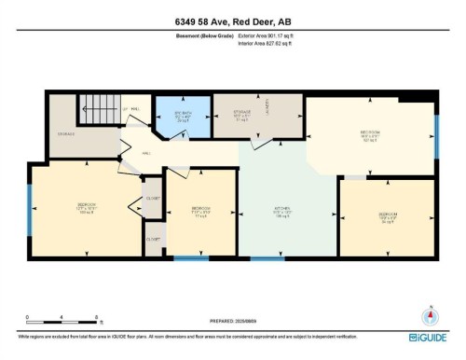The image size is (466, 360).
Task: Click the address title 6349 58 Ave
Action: (232, 23)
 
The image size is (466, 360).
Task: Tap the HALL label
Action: (146, 154)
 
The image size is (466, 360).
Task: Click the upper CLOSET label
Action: (152, 198)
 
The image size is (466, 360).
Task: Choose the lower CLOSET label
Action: (152, 239)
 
